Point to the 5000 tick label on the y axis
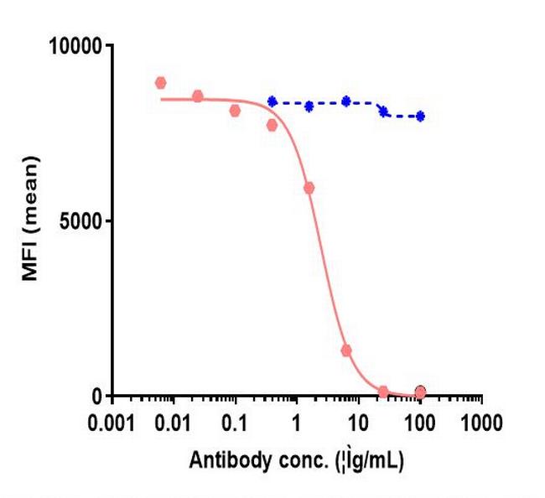[81, 221]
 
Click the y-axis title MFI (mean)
[30, 221]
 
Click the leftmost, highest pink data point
[160, 83]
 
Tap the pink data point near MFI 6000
[309, 188]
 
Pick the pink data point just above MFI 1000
[345, 350]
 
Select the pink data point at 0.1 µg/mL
[235, 111]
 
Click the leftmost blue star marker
[272, 101]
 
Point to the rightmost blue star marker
[420, 117]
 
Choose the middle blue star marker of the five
[345, 101]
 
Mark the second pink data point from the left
[197, 96]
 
